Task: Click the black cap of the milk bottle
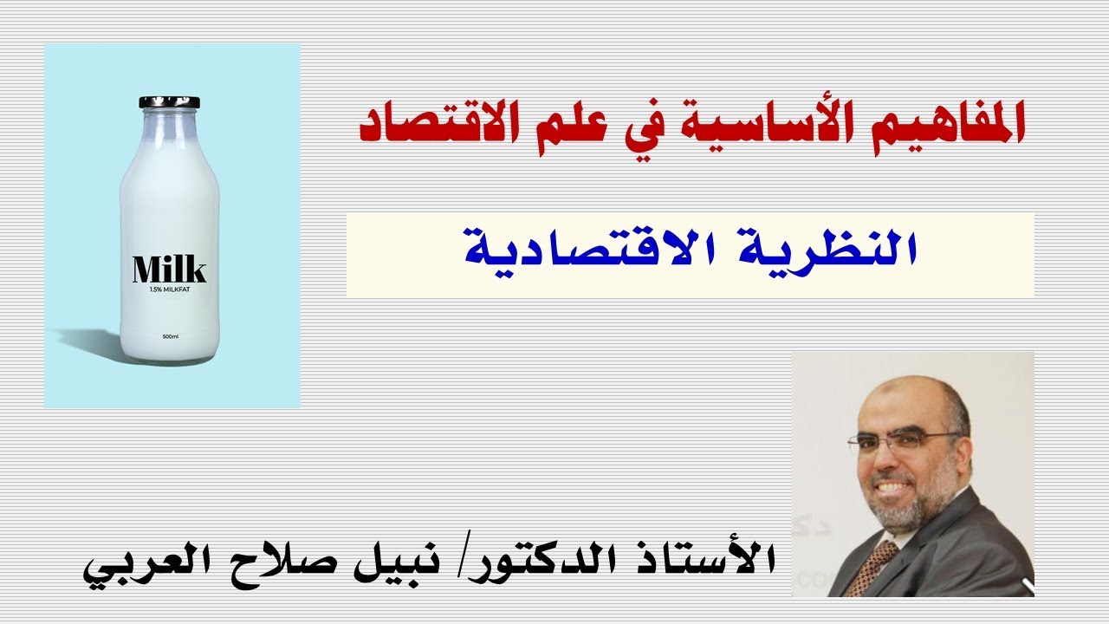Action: (x=169, y=103)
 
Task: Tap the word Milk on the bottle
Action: (x=170, y=270)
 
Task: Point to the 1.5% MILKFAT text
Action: (x=170, y=289)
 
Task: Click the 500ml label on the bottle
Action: (x=170, y=336)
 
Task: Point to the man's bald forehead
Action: (x=901, y=403)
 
